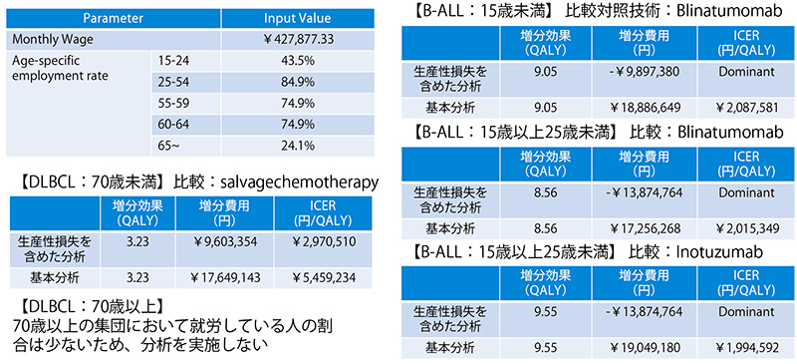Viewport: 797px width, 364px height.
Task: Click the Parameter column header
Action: pos(112,18)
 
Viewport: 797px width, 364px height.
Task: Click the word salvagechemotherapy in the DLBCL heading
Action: pos(300,182)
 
